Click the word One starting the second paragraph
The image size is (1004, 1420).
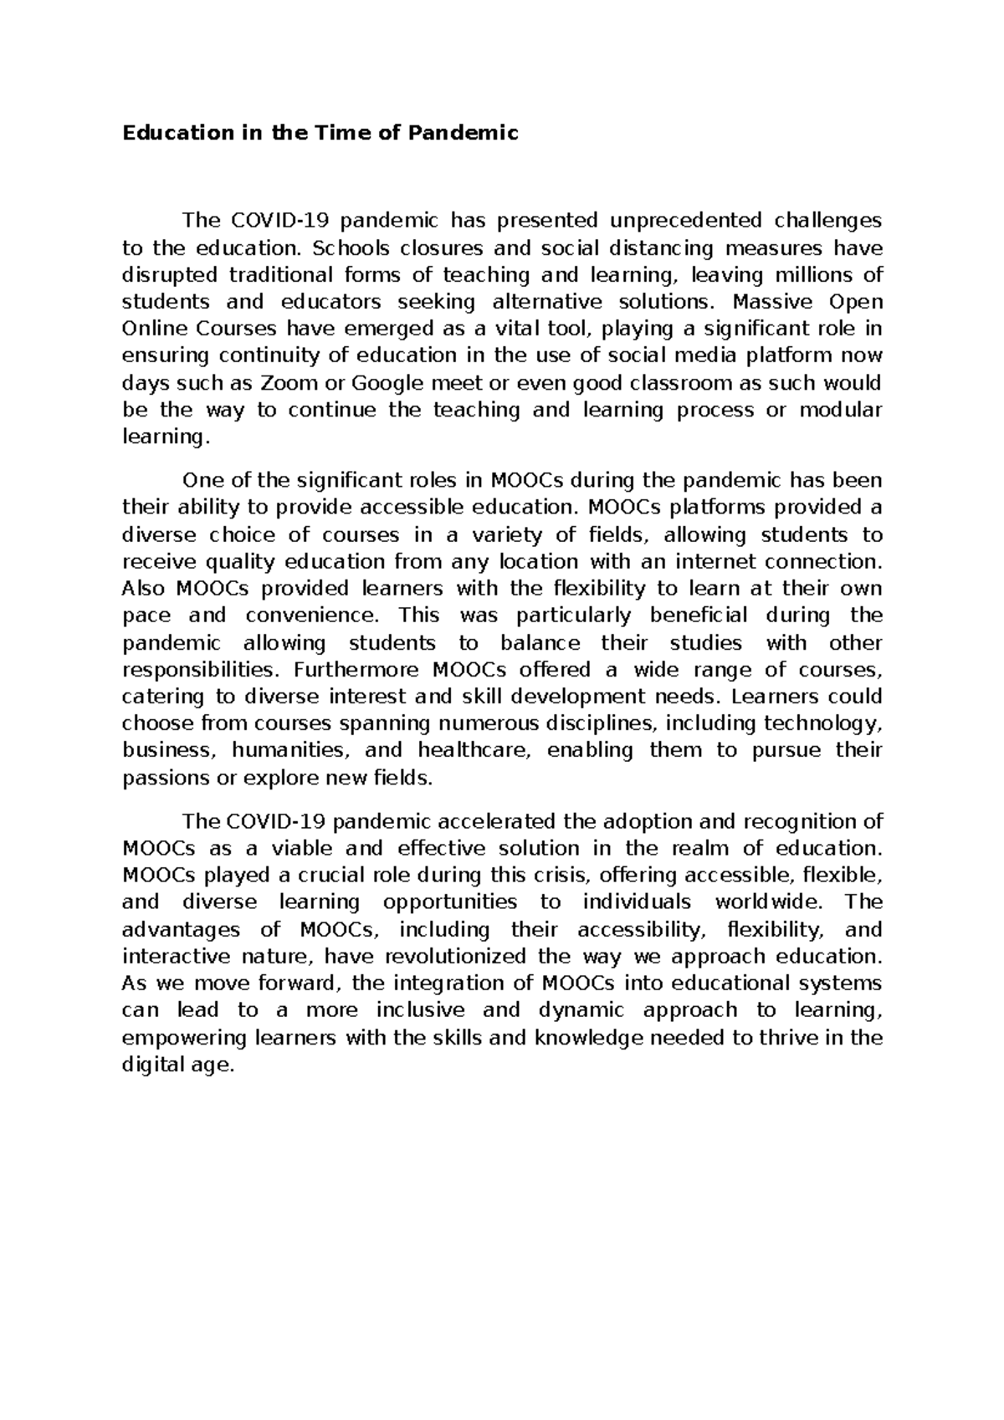(199, 481)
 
